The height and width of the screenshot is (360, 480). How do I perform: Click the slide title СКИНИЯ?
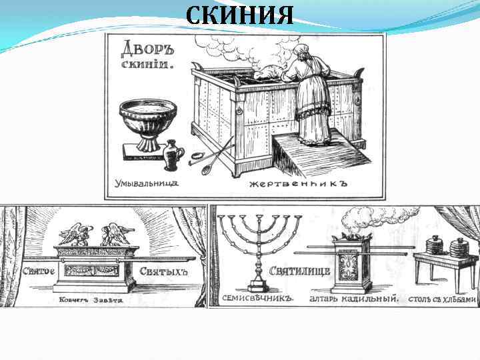click(x=239, y=14)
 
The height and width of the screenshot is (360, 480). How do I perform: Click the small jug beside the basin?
click(x=173, y=155)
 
